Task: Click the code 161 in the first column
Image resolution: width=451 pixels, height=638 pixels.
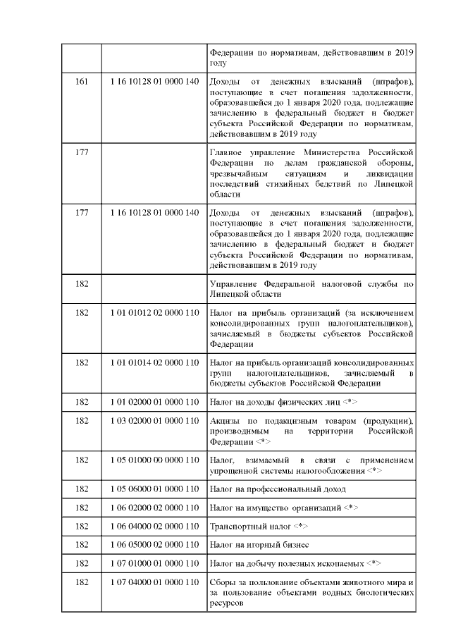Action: (x=82, y=84)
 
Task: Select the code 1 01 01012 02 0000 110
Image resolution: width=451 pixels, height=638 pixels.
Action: (x=154, y=312)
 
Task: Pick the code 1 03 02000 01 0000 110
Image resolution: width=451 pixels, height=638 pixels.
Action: (x=154, y=421)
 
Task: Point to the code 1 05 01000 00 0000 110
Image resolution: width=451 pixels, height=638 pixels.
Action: (x=154, y=460)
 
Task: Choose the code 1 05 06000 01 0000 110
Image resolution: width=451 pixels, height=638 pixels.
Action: (x=154, y=489)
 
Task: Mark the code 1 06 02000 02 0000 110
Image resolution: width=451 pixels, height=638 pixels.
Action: (x=154, y=508)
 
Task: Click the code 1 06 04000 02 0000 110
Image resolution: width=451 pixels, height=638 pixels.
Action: (x=154, y=527)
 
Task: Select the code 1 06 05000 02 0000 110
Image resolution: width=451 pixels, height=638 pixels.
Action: (x=154, y=545)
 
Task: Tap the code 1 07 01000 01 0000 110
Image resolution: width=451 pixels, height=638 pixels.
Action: (x=154, y=564)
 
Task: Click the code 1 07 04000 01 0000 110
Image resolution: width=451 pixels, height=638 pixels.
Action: (x=154, y=584)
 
